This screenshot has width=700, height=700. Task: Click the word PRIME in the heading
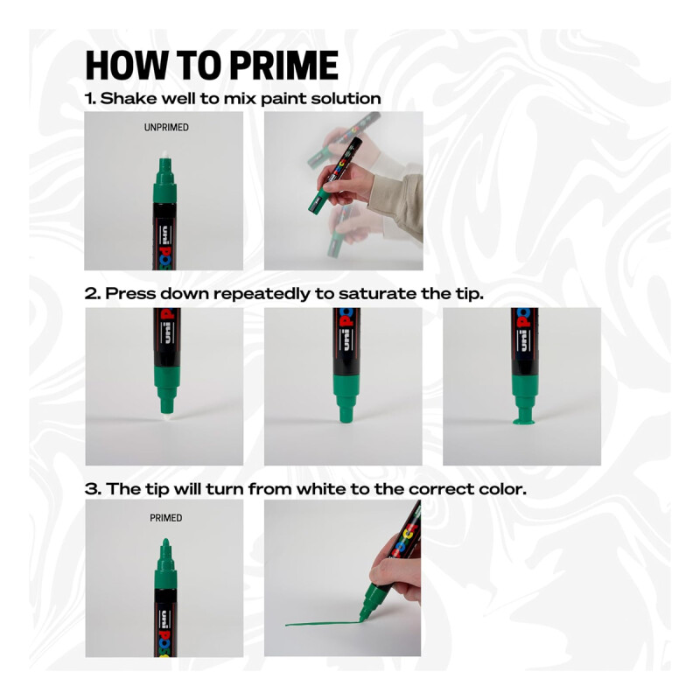pyautogui.click(x=284, y=65)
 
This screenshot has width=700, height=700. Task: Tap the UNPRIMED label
pyautogui.click(x=166, y=128)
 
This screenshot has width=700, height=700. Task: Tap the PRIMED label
pyautogui.click(x=165, y=518)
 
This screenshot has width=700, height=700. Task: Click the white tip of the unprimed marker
pyautogui.click(x=164, y=155)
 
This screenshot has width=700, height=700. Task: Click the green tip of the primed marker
pyautogui.click(x=165, y=543)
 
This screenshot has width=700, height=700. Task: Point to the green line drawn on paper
pyautogui.click(x=322, y=623)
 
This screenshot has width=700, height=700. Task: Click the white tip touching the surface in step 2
pyautogui.click(x=165, y=416)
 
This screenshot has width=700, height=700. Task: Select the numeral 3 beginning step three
pyautogui.click(x=92, y=489)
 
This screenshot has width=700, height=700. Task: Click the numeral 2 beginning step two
pyautogui.click(x=91, y=294)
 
